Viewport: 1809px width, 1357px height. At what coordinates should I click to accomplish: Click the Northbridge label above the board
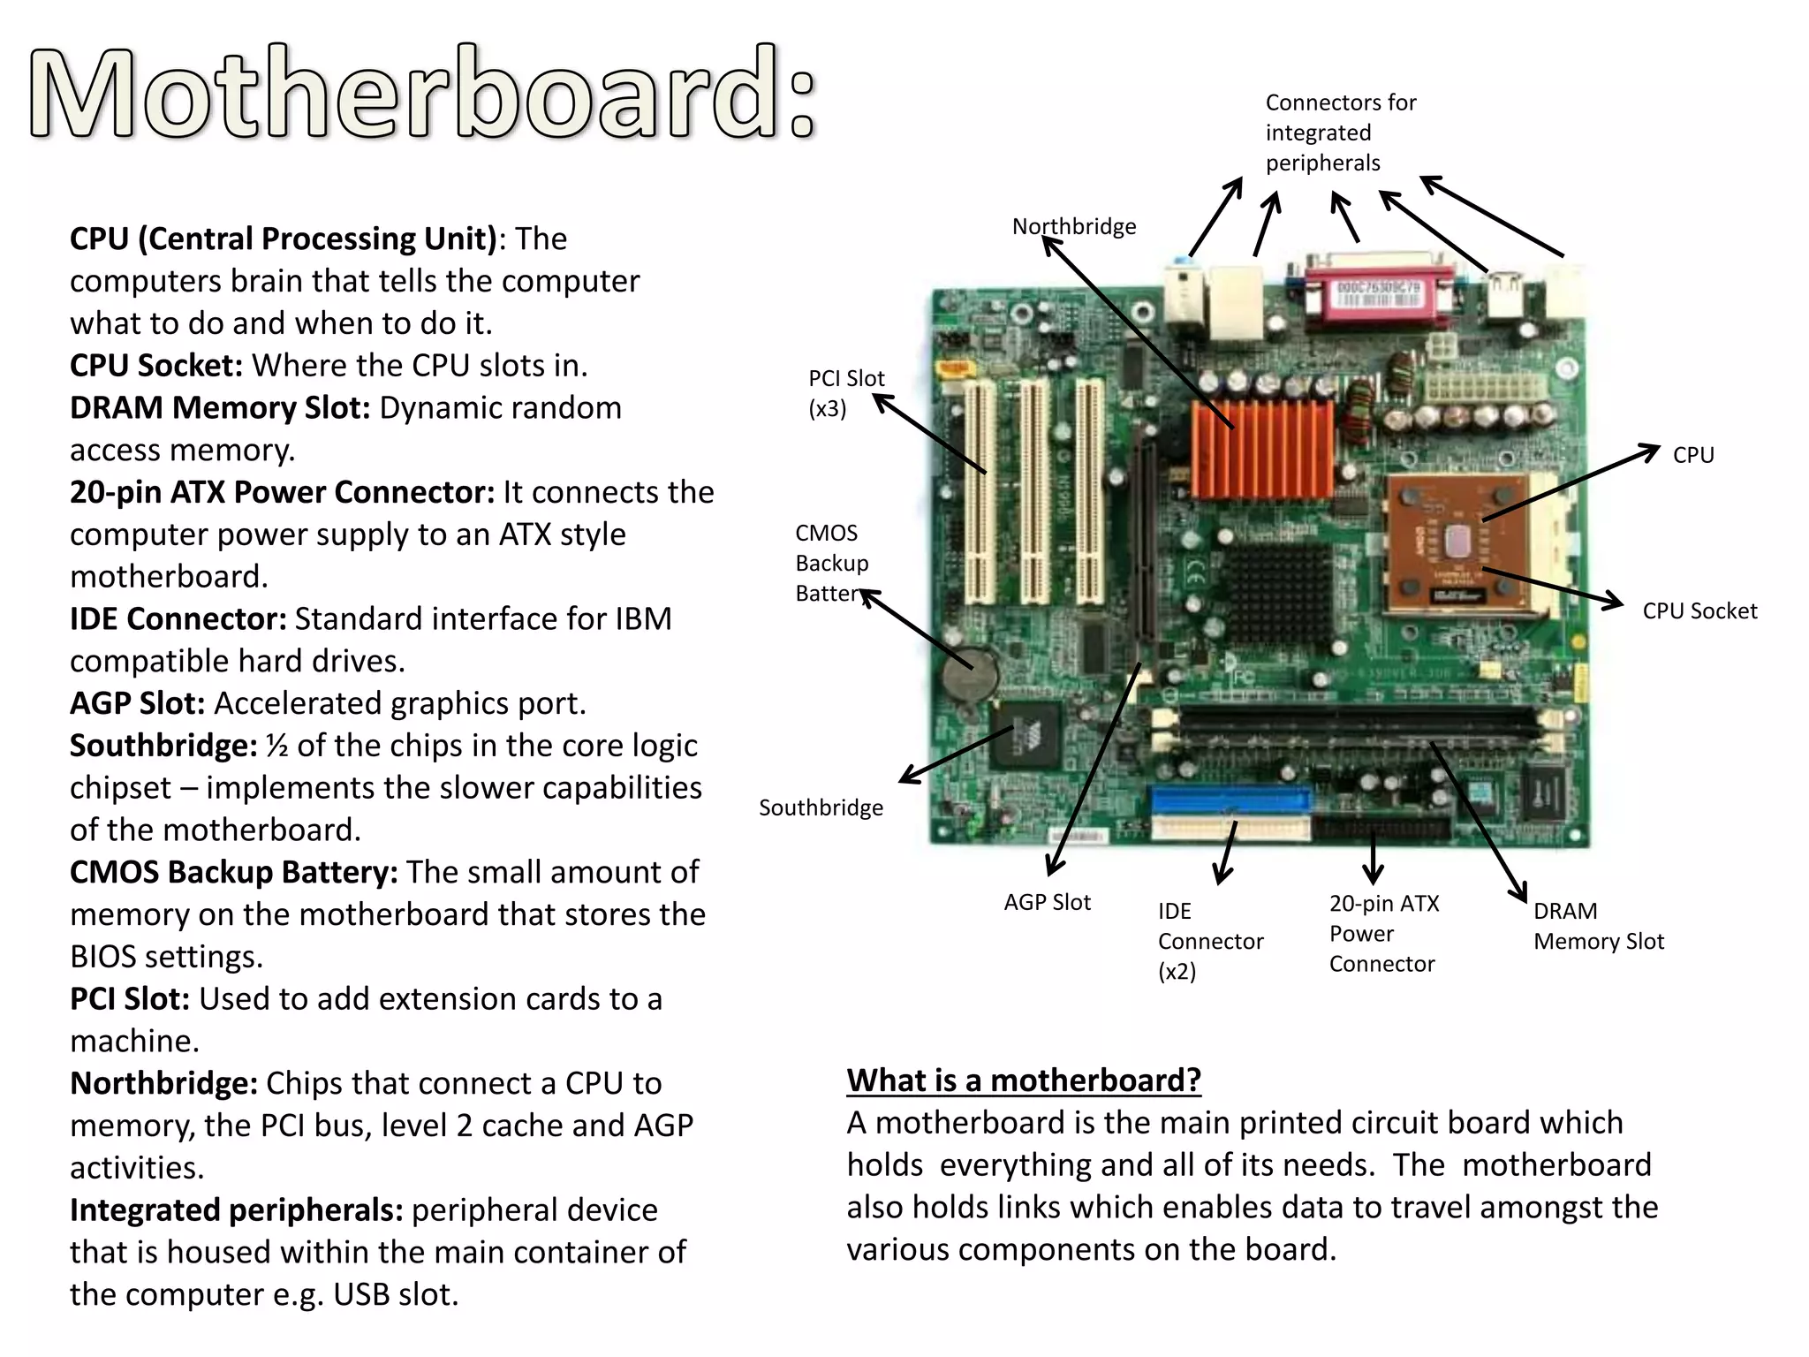click(1073, 227)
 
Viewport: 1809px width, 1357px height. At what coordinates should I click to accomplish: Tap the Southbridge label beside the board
click(821, 807)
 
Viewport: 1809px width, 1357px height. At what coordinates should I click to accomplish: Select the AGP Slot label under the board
click(1047, 902)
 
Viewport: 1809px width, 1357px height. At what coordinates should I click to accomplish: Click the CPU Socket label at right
click(1699, 611)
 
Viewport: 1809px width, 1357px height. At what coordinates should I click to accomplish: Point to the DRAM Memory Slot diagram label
click(1598, 926)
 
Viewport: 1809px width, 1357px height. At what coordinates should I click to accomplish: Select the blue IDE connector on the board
click(1230, 800)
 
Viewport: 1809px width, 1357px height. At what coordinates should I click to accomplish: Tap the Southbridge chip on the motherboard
click(1024, 733)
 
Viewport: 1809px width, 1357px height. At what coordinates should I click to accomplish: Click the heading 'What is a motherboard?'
click(1023, 1080)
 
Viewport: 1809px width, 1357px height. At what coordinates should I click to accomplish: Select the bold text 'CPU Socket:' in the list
click(156, 366)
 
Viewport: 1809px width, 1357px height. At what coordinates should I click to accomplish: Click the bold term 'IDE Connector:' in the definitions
click(178, 619)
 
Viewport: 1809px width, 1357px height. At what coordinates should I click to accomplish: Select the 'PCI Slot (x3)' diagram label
click(845, 393)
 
